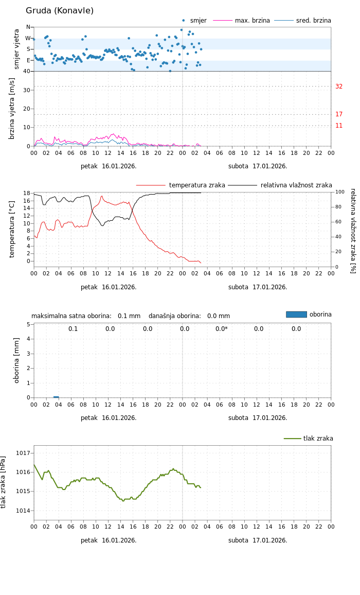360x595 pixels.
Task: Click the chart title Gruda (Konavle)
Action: [x=60, y=11]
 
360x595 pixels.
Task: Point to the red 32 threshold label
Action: [x=339, y=86]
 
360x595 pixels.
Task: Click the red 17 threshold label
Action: [x=339, y=114]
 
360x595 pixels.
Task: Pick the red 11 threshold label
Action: [x=339, y=126]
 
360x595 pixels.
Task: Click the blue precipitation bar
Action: [x=56, y=397]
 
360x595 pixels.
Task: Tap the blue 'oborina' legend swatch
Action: [x=296, y=314]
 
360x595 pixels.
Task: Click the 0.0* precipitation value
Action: [x=221, y=329]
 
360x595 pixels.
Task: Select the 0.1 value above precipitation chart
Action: [x=73, y=329]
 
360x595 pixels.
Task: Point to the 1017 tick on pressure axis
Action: [x=23, y=453]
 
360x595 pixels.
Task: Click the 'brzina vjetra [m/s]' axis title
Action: [x=12, y=109]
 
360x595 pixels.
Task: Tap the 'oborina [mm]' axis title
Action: [x=16, y=360]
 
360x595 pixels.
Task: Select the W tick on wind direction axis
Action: [x=28, y=38]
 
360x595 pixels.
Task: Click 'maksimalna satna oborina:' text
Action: [x=71, y=316]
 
